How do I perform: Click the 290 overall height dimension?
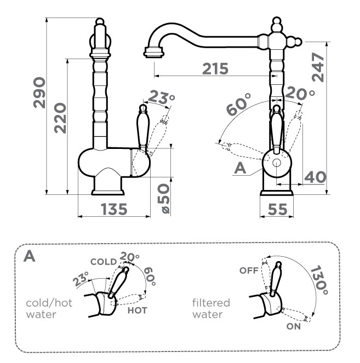(39, 93)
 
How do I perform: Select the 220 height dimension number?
(60, 118)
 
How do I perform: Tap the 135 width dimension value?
(114, 209)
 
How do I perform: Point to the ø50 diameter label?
(163, 198)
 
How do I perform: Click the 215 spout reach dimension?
(215, 69)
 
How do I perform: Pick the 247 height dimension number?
(318, 67)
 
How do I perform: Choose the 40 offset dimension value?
(315, 177)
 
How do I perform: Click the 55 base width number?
(277, 209)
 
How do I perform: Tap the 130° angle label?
(319, 280)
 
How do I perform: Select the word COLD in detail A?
(104, 262)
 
